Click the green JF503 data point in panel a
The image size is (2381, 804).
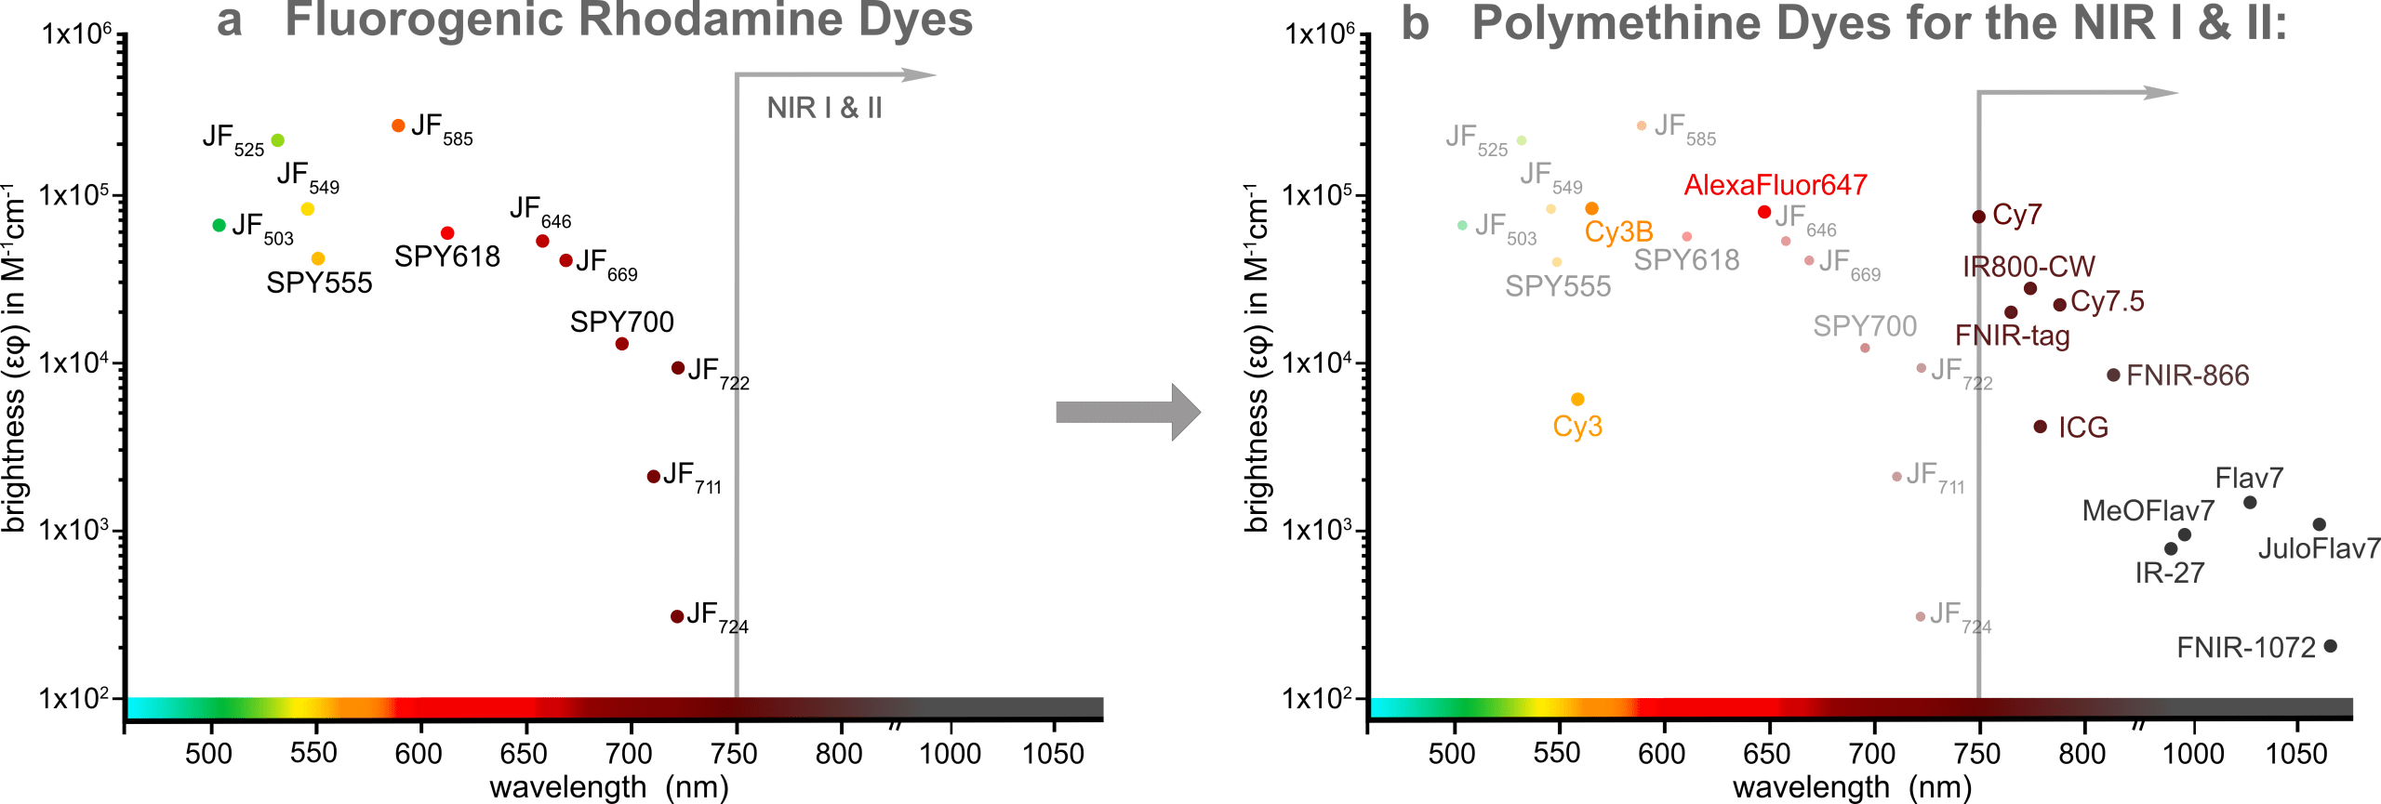219,225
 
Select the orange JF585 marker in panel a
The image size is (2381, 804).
398,125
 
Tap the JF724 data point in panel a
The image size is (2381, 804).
677,616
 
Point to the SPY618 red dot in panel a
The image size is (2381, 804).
447,233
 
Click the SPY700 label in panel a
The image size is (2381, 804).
621,322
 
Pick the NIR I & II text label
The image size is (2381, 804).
824,108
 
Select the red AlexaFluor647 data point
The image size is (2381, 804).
1764,212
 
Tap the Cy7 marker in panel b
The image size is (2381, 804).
1979,217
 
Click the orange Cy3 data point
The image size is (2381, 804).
1577,400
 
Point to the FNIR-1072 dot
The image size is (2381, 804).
2331,646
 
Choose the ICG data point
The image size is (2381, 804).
2041,427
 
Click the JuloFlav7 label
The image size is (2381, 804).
2319,548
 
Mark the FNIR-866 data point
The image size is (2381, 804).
2114,375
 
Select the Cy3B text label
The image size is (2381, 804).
1618,231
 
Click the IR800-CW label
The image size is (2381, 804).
2029,267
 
